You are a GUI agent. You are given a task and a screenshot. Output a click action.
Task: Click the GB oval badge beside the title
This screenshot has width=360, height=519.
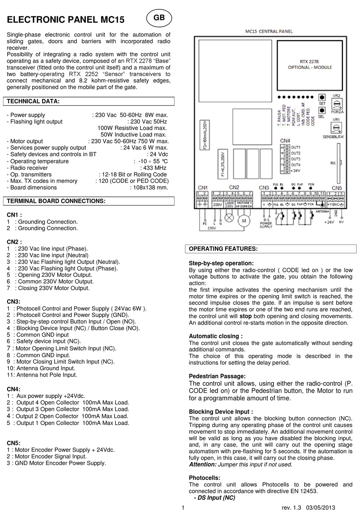pyautogui.click(x=159, y=18)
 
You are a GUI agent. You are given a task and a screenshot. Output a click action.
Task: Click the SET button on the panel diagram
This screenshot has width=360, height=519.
pyautogui.click(x=322, y=97)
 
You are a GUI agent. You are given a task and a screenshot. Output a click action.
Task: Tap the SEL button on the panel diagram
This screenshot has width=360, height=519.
pyautogui.click(x=322, y=110)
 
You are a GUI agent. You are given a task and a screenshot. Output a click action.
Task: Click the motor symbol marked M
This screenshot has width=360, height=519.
pyautogui.click(x=244, y=221)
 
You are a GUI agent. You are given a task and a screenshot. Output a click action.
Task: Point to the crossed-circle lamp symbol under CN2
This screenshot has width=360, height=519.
pyautogui.click(x=229, y=218)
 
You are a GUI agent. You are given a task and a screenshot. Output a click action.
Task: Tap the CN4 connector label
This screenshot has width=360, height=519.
pyautogui.click(x=285, y=141)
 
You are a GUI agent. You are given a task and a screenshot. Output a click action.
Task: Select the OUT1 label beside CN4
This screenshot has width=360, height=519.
pyautogui.click(x=296, y=147)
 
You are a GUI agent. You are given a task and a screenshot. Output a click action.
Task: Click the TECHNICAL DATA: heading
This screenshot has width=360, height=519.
pyautogui.click(x=33, y=101)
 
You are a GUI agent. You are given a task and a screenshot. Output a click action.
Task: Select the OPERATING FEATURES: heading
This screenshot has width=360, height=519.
pyautogui.click(x=223, y=249)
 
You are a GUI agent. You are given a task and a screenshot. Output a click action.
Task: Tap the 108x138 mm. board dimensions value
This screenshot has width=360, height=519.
pyautogui.click(x=149, y=187)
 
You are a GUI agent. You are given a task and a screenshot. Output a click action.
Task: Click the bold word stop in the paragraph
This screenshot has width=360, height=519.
pyautogui.click(x=246, y=316)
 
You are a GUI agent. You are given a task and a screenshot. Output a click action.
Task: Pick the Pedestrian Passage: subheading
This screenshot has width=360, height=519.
pyautogui.click(x=217, y=376)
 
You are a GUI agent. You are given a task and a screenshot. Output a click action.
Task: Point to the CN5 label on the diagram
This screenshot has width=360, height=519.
pyautogui.click(x=337, y=188)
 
